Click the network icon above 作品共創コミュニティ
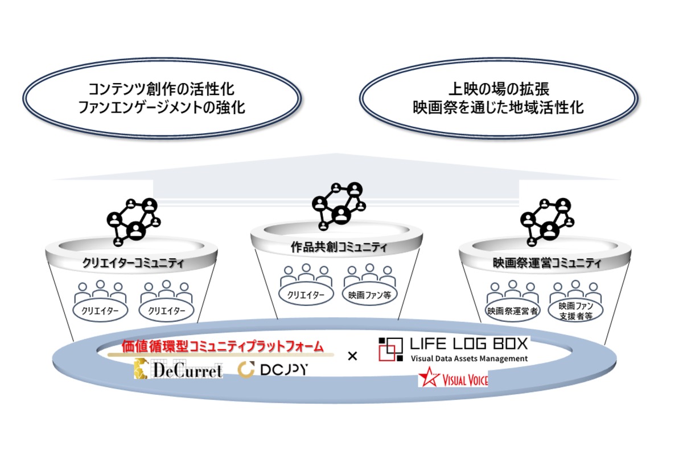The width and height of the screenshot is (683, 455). (339, 206)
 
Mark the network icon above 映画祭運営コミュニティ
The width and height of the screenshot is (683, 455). (547, 221)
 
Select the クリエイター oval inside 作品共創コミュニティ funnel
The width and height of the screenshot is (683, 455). (306, 295)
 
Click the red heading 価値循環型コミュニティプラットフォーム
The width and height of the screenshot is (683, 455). (223, 346)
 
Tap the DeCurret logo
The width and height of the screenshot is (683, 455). (178, 370)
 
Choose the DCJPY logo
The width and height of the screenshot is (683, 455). (274, 370)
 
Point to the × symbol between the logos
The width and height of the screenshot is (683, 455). (352, 357)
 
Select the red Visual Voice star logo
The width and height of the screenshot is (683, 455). (452, 378)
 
